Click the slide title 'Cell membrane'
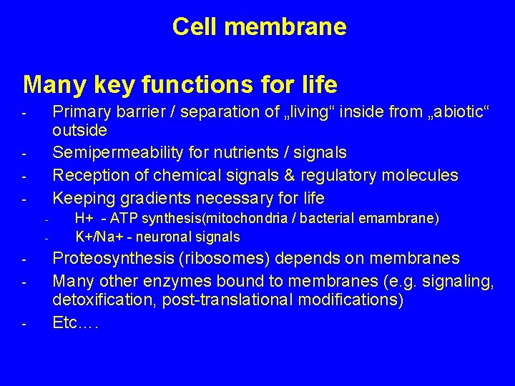point(259,27)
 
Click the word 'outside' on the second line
point(79,131)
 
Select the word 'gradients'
point(149,198)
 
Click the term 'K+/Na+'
point(97,237)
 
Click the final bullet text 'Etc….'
point(75,322)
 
